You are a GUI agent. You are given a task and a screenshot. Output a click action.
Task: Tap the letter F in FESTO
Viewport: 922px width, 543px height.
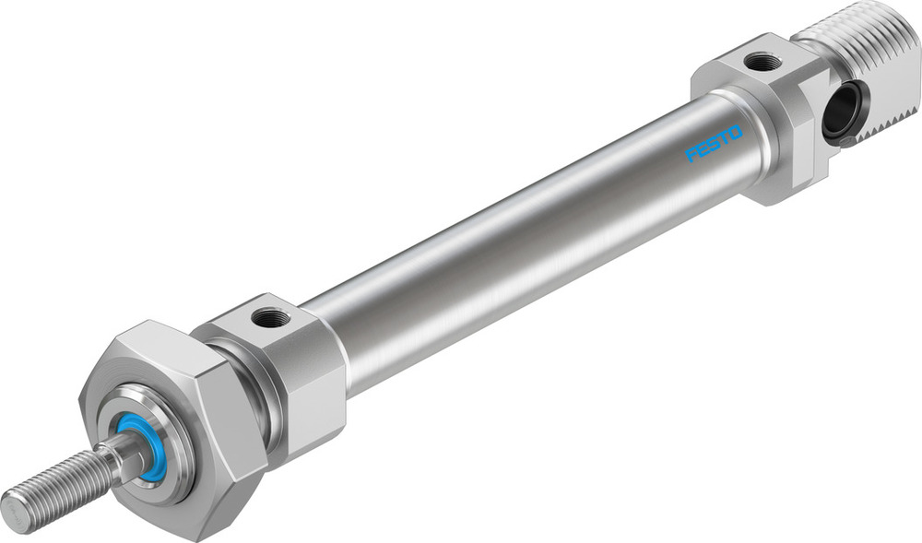pyautogui.click(x=692, y=156)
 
